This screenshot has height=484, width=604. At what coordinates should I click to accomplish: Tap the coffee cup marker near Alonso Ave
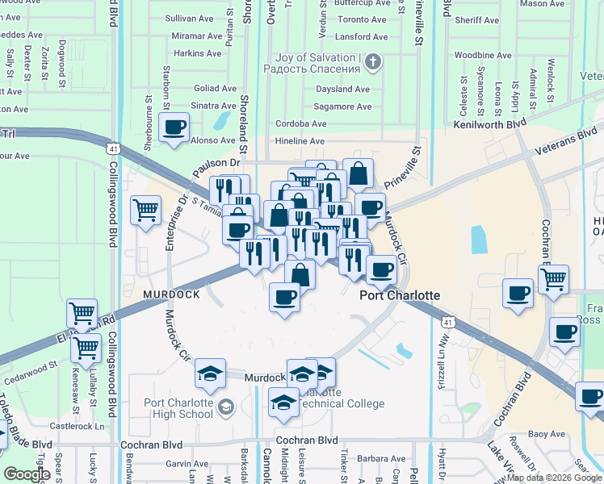pyautogui.click(x=174, y=127)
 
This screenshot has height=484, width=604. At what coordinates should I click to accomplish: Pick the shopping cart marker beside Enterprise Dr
pyautogui.click(x=145, y=211)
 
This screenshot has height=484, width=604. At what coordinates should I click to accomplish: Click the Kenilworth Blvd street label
pyautogui.click(x=489, y=127)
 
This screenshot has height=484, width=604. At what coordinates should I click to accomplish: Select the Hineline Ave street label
pyautogui.click(x=300, y=140)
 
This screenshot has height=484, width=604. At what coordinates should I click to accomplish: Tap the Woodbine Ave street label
pyautogui.click(x=482, y=56)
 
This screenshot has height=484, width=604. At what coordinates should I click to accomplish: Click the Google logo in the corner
pyautogui.click(x=27, y=474)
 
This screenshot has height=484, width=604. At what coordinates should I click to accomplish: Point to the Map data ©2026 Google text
pyautogui.click(x=554, y=478)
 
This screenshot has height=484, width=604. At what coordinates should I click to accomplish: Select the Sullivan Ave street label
pyautogui.click(x=187, y=17)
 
